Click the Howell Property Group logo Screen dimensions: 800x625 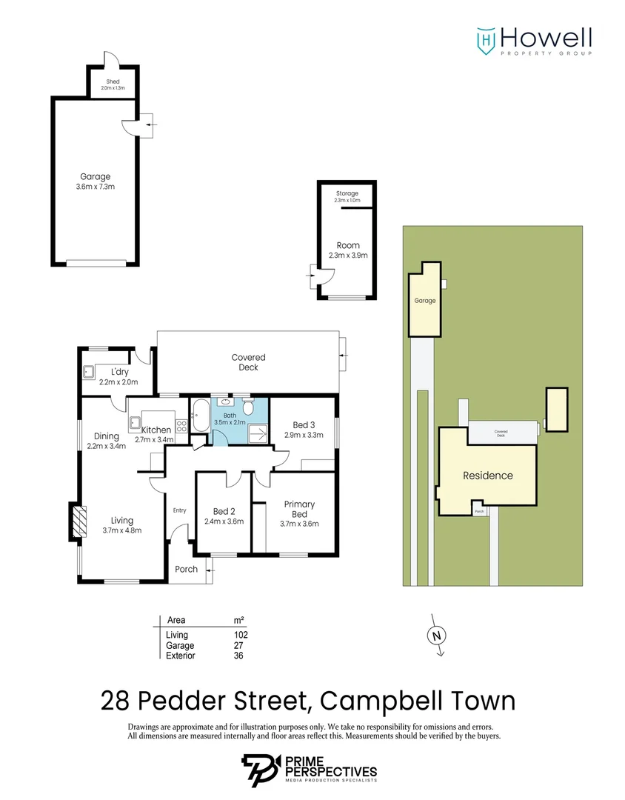click(533, 41)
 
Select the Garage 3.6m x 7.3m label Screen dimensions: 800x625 click(96, 181)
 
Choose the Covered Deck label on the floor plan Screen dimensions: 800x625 click(248, 362)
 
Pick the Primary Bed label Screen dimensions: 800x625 click(299, 509)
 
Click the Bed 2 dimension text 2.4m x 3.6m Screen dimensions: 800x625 click(224, 521)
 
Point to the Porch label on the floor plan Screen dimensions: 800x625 click(186, 569)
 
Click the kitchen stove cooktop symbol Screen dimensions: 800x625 click(180, 426)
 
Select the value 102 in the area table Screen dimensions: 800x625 click(240, 635)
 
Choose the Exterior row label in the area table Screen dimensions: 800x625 click(181, 656)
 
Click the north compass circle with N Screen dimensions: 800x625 click(436, 635)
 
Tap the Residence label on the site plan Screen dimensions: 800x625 click(487, 476)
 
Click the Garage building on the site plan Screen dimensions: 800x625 click(425, 300)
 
